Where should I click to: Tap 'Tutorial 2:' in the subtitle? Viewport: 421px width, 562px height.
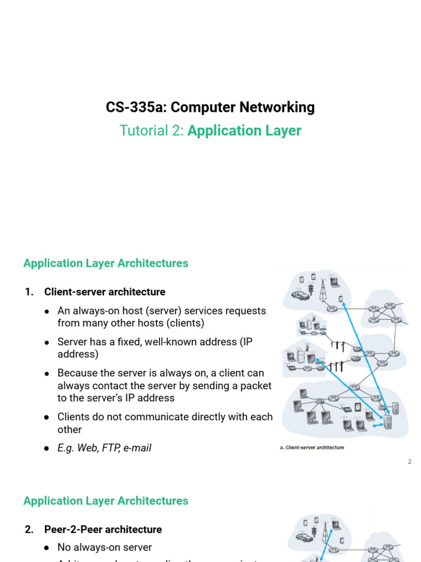coord(152,131)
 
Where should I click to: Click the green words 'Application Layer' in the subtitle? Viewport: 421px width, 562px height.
coord(244,131)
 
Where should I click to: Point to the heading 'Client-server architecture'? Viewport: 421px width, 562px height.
coord(105,292)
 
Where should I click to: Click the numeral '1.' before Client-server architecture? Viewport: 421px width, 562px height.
coord(30,292)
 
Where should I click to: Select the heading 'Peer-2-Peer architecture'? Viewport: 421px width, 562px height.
coord(103,530)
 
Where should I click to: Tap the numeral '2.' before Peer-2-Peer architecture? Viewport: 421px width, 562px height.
coord(30,530)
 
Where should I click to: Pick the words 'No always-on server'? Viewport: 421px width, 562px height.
coord(105,547)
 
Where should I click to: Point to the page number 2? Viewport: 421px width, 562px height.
coord(409,462)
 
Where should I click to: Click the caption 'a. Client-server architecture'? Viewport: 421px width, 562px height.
coord(312,448)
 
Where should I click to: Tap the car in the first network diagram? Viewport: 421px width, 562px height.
coord(300,295)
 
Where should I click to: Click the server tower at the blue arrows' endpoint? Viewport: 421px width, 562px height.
coord(388,421)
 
